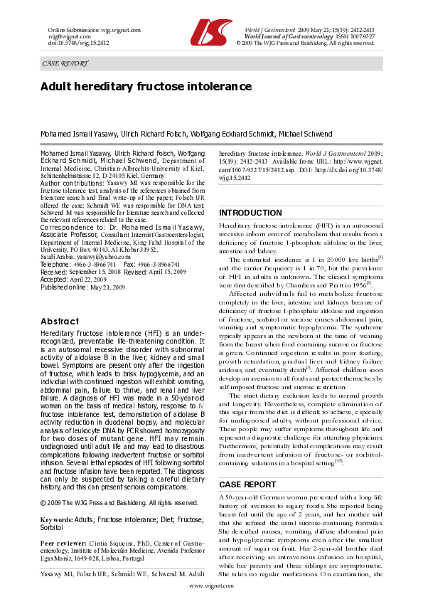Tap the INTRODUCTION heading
250,213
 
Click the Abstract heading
60,321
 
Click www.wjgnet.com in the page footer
210,584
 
